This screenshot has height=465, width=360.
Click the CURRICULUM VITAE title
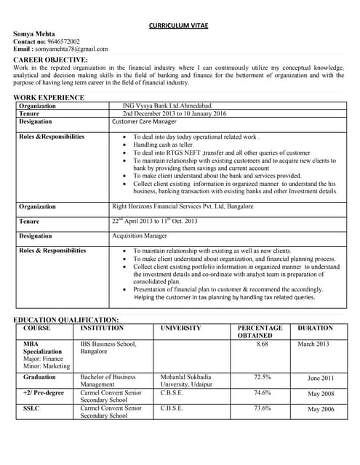tap(179, 25)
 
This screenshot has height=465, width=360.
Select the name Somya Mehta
tap(35, 34)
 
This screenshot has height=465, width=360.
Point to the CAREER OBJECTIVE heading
tap(51, 59)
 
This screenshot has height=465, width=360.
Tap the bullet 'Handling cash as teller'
tap(163, 145)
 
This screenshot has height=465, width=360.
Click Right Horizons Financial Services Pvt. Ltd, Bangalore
tap(183, 206)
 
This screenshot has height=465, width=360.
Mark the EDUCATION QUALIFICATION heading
tap(66, 320)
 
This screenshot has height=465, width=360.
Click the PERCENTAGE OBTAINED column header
tap(260, 332)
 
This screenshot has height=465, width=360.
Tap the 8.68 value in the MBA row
tap(263, 344)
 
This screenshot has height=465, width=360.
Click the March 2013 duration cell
tap(313, 344)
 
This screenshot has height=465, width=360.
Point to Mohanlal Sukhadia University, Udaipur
tap(186, 381)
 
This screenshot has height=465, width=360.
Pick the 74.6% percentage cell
tap(263, 393)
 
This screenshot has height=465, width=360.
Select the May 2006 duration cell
tap(321, 410)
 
